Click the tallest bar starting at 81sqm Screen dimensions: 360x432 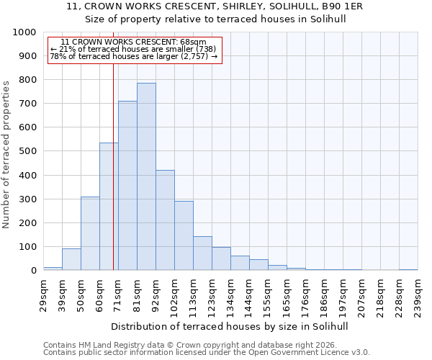[x=146, y=176]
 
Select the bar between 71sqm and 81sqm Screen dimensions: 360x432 [x=127, y=186]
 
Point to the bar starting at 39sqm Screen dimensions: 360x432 [x=71, y=259]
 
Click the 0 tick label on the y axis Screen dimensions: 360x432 [x=33, y=271]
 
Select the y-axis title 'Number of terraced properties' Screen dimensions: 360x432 [x=6, y=154]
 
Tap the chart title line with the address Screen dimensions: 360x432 [x=215, y=6]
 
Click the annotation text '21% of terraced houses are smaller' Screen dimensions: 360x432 [x=134, y=49]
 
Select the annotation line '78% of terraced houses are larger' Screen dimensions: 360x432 [x=134, y=56]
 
